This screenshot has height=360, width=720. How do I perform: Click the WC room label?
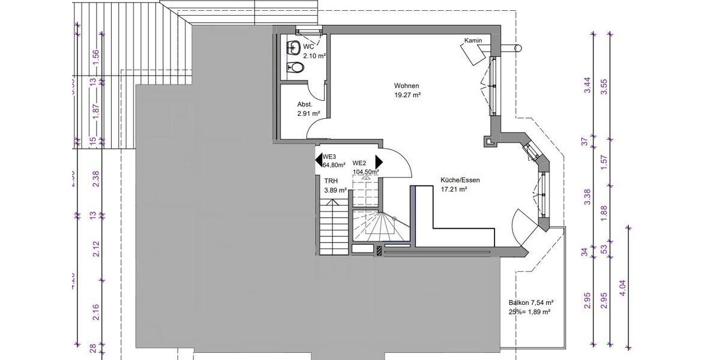point(309,47)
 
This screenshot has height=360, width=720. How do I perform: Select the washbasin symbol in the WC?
point(294,47)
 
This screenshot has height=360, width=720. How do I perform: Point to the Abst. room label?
point(305,104)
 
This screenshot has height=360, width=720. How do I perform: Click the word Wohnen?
point(406,85)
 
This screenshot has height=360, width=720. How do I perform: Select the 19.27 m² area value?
point(407,95)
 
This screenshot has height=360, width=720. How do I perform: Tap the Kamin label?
point(473,41)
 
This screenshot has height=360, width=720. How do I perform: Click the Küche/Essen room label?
point(460,179)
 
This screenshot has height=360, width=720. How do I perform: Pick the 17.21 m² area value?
point(454,189)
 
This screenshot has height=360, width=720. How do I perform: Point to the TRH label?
point(331,181)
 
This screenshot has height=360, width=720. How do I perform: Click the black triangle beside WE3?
point(319,160)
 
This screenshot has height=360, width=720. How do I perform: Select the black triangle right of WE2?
point(379,162)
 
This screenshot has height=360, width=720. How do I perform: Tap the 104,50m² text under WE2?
point(366,172)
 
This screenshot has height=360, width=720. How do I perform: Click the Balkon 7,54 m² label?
point(530,303)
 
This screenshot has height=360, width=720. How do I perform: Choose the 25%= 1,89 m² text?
point(529,312)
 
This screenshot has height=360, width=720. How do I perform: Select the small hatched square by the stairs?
point(379,250)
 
